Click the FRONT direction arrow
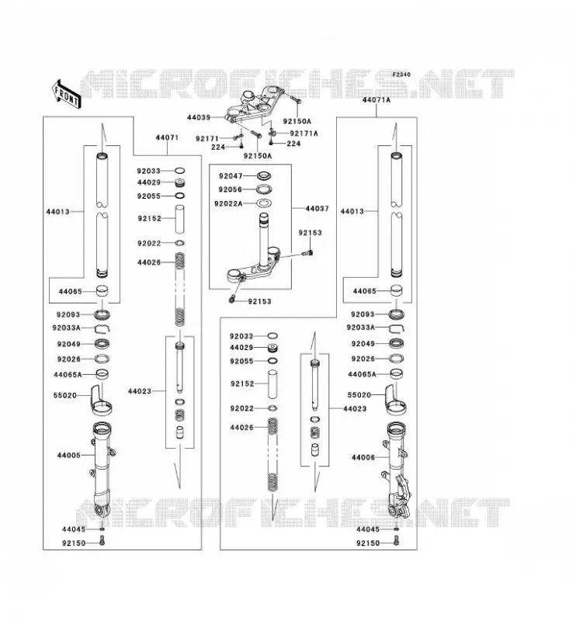pos(67,94)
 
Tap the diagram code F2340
pos(401,75)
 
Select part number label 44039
pos(199,118)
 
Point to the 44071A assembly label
pos(376,100)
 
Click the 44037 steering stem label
pos(317,209)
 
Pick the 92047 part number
pos(231,176)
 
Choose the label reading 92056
pos(230,189)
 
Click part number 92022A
pos(228,203)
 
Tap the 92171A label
pos(304,134)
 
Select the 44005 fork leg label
pos(68,456)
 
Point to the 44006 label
pos(363,457)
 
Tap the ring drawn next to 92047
pos(264,175)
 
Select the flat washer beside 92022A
pos(264,203)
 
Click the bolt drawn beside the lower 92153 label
pos(233,299)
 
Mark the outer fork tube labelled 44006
pos(396,470)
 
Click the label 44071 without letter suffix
pos(167,138)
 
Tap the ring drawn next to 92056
pos(264,189)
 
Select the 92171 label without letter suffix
pos(206,139)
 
